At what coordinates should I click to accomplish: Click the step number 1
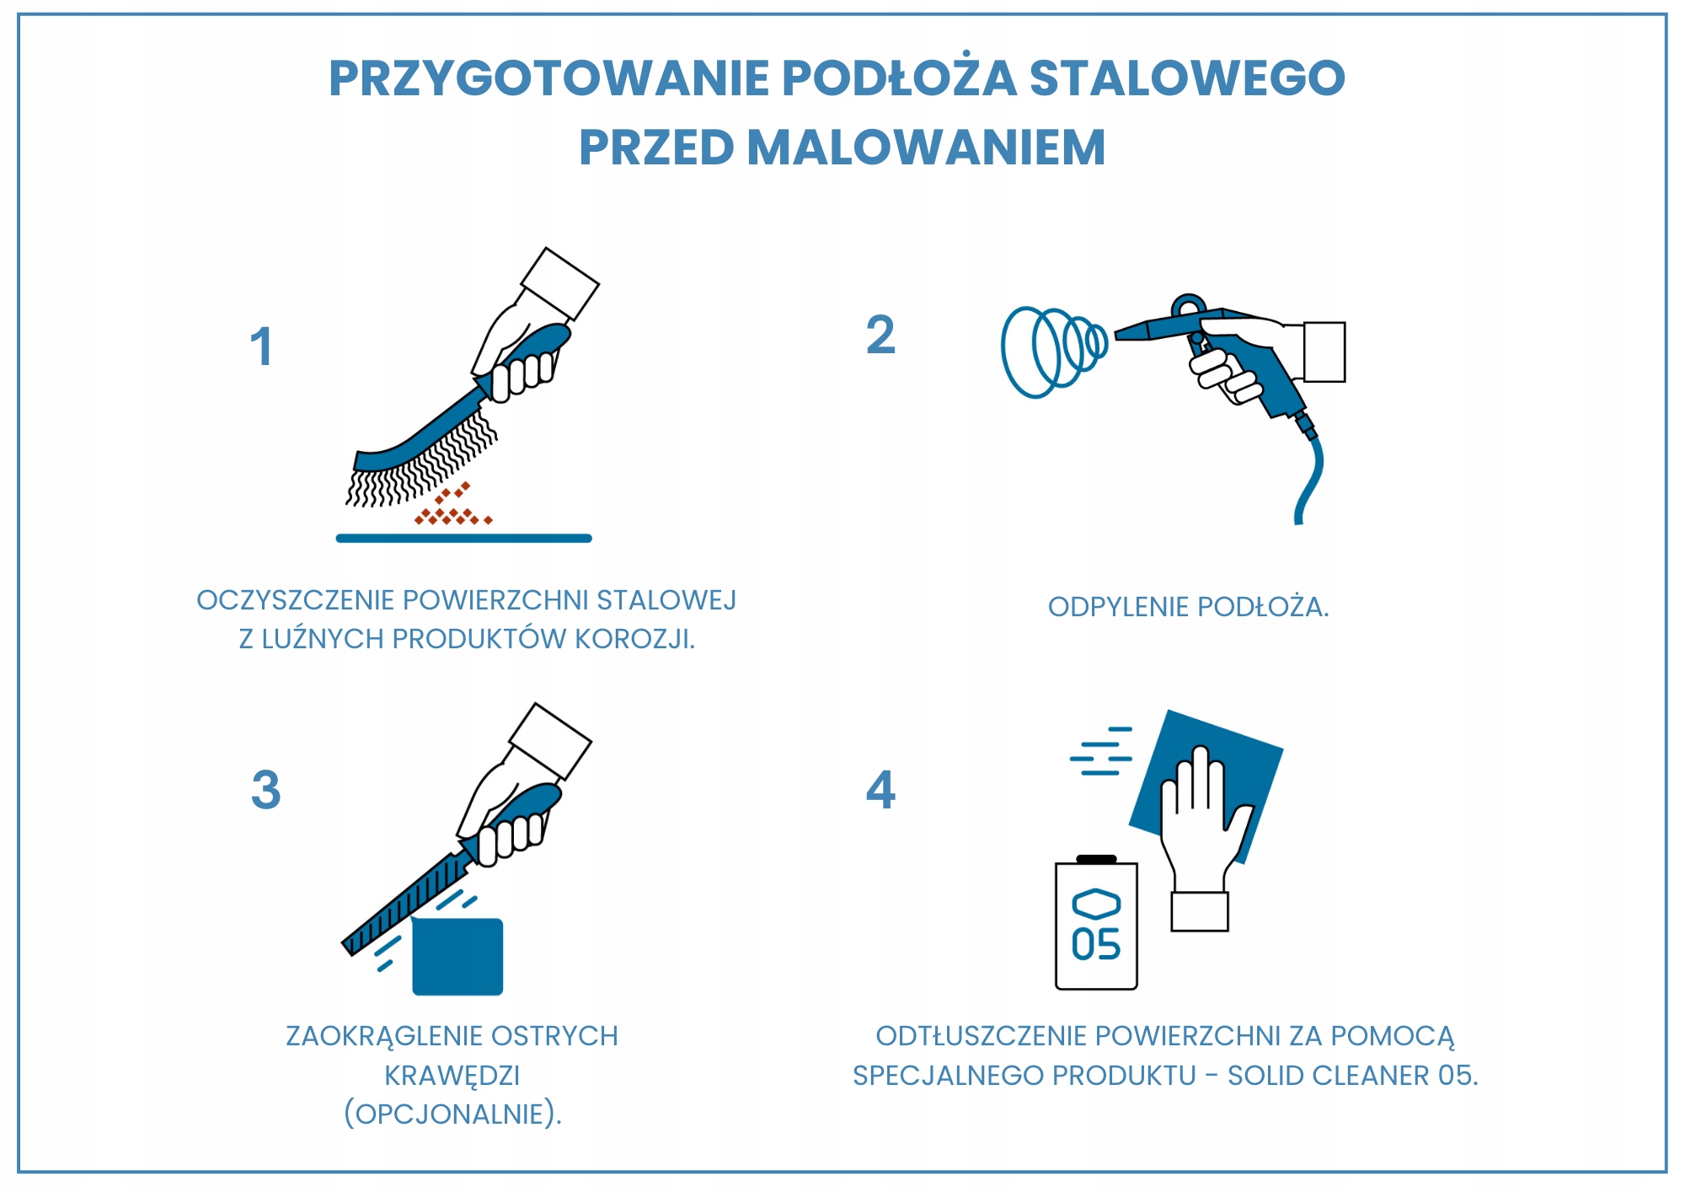[x=262, y=347]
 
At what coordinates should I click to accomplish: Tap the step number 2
[x=880, y=336]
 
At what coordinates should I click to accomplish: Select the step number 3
[x=265, y=790]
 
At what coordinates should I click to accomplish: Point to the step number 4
[x=880, y=790]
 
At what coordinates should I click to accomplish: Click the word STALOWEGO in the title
[x=1187, y=78]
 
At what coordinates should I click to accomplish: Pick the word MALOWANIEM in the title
[x=926, y=148]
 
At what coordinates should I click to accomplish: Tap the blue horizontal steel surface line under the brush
[x=463, y=538]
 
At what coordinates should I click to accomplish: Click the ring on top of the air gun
[x=1189, y=305]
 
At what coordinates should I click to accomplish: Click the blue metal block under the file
[x=457, y=957]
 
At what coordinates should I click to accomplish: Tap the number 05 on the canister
[x=1095, y=945]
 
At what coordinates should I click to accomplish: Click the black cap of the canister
[x=1096, y=859]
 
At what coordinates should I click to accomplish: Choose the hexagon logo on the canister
[x=1096, y=904]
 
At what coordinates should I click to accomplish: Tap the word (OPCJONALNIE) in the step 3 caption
[x=452, y=1114]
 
